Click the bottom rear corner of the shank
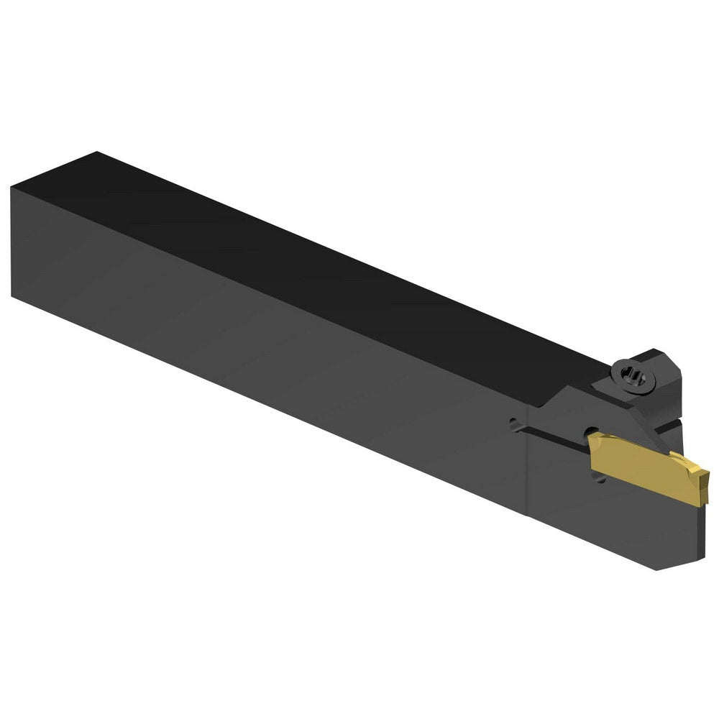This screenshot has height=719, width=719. click(x=13, y=295)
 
